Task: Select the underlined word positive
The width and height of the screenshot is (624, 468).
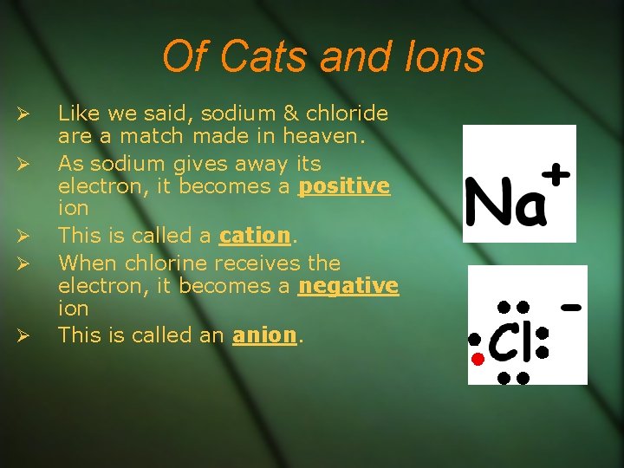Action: (344, 186)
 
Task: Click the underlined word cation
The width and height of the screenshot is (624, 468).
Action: (254, 236)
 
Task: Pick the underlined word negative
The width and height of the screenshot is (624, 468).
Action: (348, 285)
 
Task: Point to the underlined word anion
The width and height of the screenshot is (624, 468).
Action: (264, 335)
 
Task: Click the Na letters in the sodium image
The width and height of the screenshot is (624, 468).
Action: (506, 203)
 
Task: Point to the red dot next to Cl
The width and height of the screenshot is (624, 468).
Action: (476, 359)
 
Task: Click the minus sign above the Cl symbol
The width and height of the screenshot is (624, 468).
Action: (570, 307)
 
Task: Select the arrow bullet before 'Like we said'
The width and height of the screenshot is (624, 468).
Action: (24, 114)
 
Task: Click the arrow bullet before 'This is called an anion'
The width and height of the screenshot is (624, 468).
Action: (24, 335)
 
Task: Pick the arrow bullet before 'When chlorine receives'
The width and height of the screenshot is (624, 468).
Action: (24, 263)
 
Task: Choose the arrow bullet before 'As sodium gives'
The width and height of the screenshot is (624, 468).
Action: (24, 164)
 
